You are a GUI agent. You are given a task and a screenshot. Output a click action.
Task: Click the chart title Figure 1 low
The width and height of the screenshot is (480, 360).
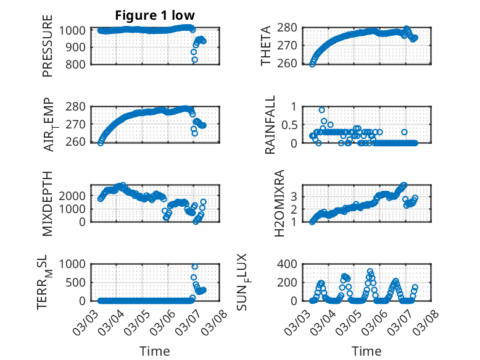click(155, 15)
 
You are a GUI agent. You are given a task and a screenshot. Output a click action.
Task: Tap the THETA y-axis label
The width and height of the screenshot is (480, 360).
click(266, 46)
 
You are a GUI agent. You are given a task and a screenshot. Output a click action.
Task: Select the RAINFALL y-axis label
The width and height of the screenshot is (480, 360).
click(270, 124)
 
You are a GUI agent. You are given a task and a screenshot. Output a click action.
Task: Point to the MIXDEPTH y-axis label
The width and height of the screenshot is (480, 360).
click(48, 203)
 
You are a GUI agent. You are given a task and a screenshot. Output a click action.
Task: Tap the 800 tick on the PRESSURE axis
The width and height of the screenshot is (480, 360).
click(78, 64)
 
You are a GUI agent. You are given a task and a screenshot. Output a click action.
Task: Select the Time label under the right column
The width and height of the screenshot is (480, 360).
click(366, 351)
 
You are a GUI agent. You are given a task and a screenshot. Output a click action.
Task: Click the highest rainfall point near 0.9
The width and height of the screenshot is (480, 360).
click(322, 109)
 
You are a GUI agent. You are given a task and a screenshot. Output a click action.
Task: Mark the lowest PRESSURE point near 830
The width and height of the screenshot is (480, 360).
click(194, 60)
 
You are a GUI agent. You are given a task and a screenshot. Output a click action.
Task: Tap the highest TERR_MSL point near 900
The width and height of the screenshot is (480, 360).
click(194, 267)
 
